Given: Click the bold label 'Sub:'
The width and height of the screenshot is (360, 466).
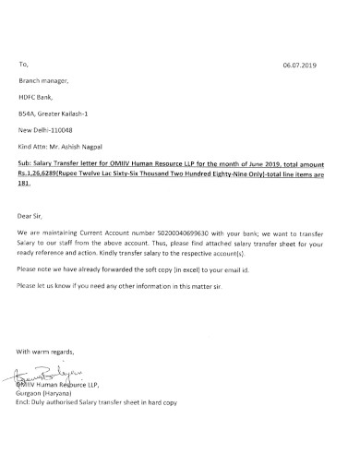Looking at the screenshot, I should (x=25, y=162).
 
